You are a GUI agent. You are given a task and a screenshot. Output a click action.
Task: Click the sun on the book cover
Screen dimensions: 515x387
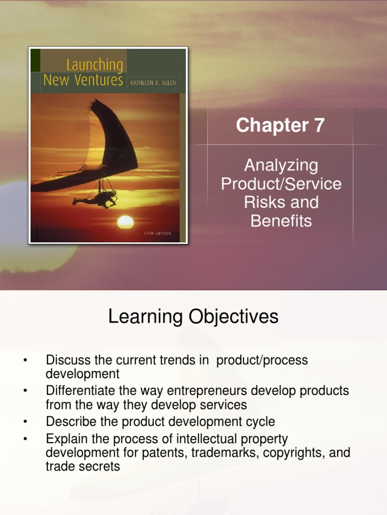(125, 222)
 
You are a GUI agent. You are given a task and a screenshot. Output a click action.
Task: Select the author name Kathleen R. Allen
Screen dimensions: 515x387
(153, 82)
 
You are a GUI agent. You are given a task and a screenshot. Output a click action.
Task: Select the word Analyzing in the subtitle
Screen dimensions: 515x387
(281, 165)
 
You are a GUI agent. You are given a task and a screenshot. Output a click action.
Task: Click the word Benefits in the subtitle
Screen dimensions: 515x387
(281, 221)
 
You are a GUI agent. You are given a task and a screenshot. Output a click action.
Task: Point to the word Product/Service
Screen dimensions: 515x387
(281, 184)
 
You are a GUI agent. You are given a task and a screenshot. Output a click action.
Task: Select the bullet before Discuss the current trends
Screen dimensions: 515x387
(24, 361)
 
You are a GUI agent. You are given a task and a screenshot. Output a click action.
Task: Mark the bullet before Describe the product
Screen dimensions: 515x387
(24, 421)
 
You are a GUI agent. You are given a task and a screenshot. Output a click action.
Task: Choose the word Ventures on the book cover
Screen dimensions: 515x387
(99, 80)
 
